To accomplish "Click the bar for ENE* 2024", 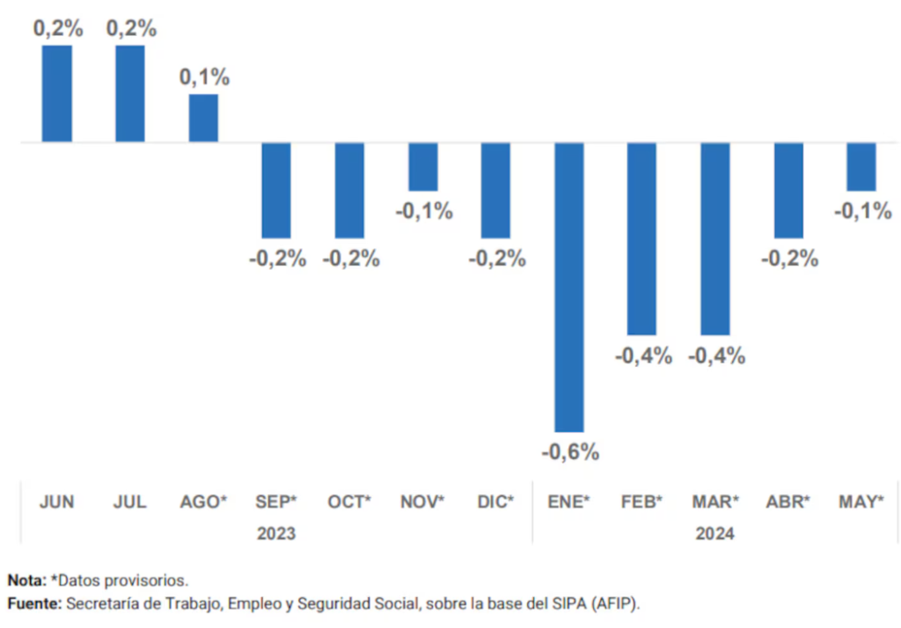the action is click(569, 287).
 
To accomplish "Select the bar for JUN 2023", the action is click(57, 93).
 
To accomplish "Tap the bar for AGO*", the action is click(203, 118).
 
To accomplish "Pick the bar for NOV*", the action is click(423, 166).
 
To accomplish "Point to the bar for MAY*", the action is click(861, 166).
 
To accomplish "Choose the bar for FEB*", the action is click(641, 238).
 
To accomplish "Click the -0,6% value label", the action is click(570, 452).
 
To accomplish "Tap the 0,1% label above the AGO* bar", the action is click(204, 77).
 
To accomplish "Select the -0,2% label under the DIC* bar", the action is click(497, 259).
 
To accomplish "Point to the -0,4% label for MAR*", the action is click(716, 355).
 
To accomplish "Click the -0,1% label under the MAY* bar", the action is click(863, 211).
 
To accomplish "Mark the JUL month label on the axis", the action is click(130, 501).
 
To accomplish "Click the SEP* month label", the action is click(275, 501).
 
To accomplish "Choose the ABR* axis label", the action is click(787, 501).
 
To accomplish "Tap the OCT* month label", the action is click(349, 501).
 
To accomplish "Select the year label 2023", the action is click(276, 533).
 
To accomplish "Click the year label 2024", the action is click(714, 533).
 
